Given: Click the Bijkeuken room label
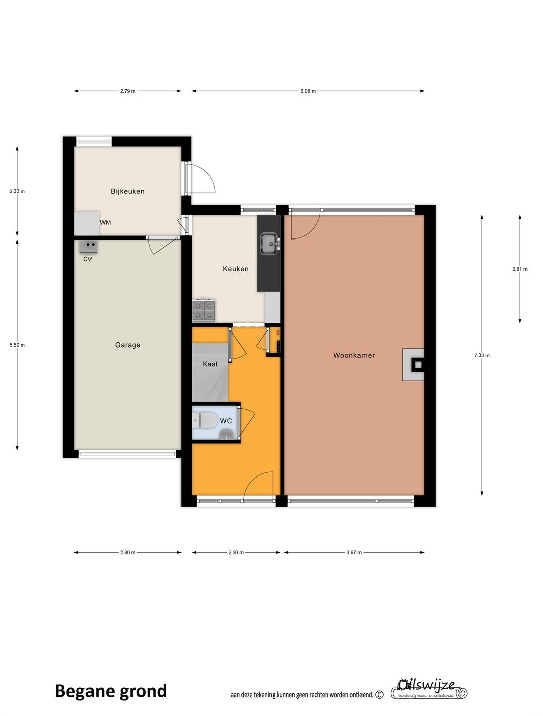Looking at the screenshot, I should tap(128, 191).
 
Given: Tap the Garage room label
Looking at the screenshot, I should tap(128, 345).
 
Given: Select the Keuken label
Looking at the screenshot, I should tap(236, 269).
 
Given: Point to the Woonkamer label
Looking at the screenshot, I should tap(354, 355).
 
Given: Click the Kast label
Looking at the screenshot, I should tap(210, 364).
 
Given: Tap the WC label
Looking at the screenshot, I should tap(226, 421).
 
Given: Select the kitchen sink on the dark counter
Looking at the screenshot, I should tap(269, 244).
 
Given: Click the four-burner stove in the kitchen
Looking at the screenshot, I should tap(204, 310).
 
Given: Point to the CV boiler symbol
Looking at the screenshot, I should tap(88, 246).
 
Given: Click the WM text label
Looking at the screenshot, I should tap(105, 222).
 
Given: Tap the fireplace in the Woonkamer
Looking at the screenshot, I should tap(414, 365).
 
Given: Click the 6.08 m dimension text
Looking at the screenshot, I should tap(308, 91).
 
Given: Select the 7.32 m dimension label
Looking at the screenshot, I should tap(482, 355).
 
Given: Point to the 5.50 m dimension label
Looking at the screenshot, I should tap(17, 345).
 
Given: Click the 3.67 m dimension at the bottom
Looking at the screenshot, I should tap(354, 552).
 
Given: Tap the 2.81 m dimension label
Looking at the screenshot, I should tap(520, 269).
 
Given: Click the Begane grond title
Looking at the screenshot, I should tap(111, 691).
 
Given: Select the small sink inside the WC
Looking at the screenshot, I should tap(226, 434).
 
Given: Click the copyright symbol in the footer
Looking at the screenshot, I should tap(380, 695).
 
